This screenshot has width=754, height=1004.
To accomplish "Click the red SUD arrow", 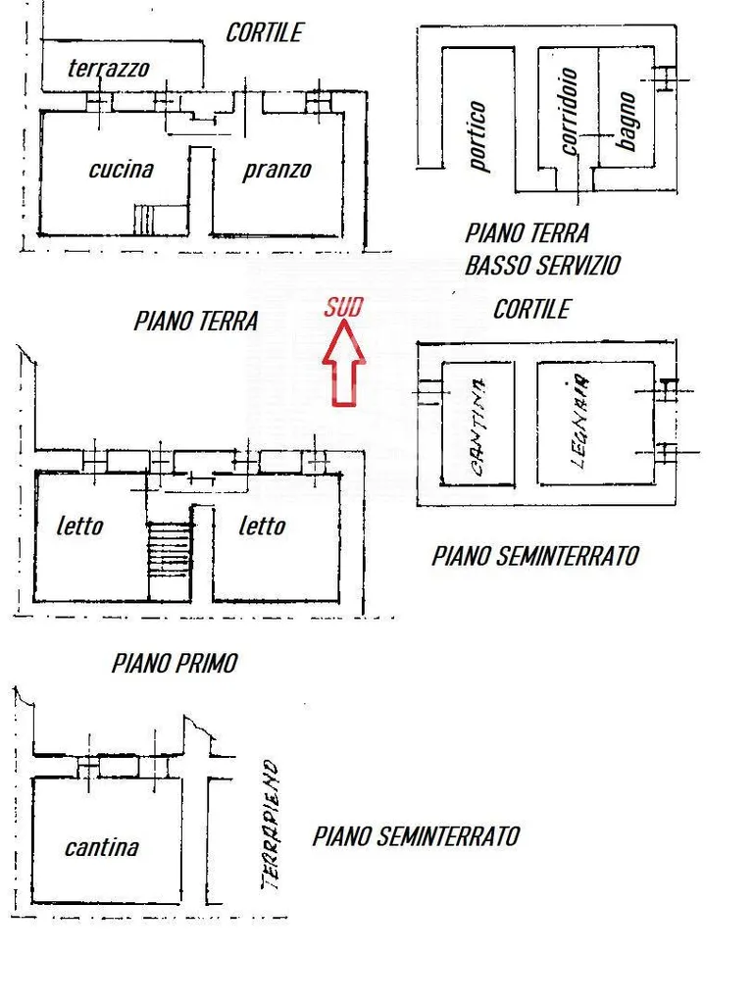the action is pos(344,363).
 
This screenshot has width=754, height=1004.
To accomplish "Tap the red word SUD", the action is pos(343,308).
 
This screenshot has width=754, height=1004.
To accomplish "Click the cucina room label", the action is pos(121,169).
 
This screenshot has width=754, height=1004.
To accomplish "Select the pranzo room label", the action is pos(276,171).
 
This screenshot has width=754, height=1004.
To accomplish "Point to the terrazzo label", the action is pos(108,68).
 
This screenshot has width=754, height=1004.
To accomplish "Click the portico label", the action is pos(478,136).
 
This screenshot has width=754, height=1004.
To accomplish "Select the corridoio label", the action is pos(568,112).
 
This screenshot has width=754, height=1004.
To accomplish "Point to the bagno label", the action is pos(626,121).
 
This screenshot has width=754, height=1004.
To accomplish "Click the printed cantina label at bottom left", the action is pos(102,847).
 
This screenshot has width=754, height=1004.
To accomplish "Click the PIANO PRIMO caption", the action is pos(175,664).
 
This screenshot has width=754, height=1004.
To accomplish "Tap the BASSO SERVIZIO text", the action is pos(543,265).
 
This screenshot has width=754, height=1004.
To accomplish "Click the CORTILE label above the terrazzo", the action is pos(264,32).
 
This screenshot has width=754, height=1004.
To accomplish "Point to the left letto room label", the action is pos(80,527).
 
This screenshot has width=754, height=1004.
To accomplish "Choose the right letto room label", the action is pos(262,527).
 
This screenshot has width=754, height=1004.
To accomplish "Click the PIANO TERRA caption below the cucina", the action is pos(196,321).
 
